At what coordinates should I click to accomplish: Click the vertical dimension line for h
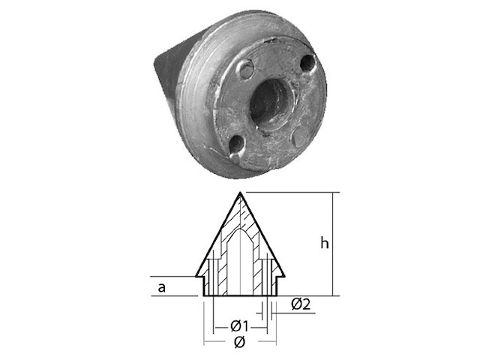click(333, 244)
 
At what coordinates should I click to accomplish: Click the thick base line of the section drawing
click(240, 295)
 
